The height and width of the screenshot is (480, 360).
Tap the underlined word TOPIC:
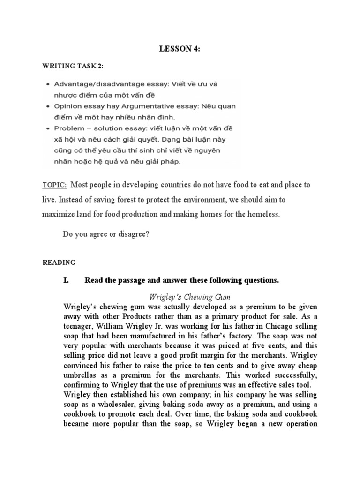click(x=55, y=185)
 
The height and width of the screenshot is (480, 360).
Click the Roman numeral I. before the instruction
click(x=66, y=280)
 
